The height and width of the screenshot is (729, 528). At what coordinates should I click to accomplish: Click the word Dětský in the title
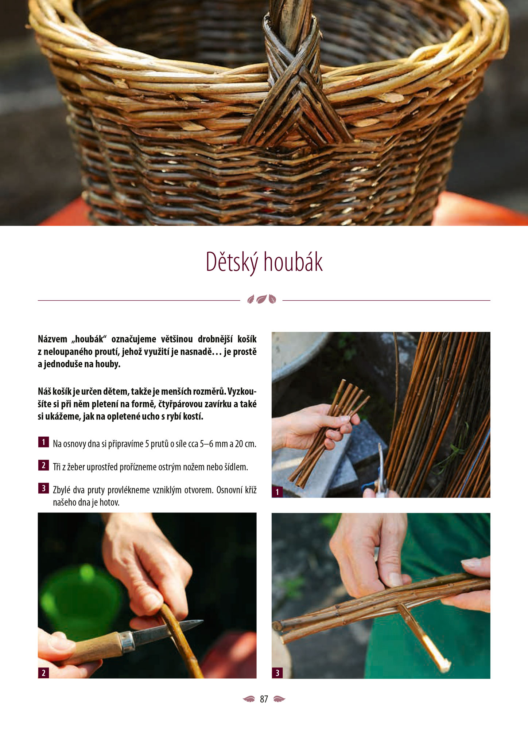coord(232,262)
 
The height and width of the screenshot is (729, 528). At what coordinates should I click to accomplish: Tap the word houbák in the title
coord(293,262)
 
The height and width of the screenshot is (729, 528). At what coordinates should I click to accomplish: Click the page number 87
coord(264,699)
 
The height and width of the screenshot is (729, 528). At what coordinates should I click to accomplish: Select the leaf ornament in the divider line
coord(261,299)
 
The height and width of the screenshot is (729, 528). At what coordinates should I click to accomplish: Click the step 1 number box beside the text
coord(43,442)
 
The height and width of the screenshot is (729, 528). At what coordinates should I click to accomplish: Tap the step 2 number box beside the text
coord(43,465)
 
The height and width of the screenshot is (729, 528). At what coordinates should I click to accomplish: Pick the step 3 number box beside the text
coord(43,488)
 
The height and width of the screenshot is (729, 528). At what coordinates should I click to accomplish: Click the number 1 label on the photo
coord(277,492)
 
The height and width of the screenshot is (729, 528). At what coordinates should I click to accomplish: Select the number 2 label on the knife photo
coord(43,673)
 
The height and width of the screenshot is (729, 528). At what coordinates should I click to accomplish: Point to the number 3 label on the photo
coord(277,673)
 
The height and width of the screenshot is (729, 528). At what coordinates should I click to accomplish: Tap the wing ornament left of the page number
coord(249,699)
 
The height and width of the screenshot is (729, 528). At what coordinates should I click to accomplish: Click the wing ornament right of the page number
coord(279,699)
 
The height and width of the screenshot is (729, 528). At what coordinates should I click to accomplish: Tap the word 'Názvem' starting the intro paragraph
coord(53,339)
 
